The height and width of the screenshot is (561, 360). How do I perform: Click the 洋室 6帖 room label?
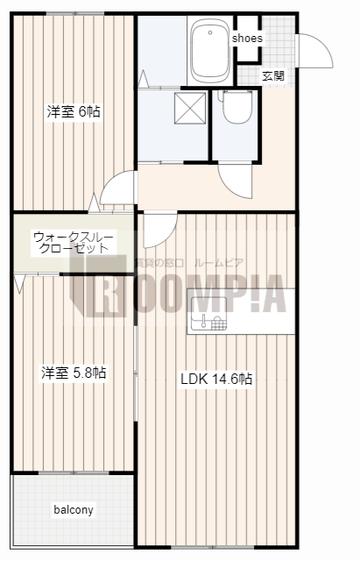74,111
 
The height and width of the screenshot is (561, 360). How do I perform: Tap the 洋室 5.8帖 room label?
74,373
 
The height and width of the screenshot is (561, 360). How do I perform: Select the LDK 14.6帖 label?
216,380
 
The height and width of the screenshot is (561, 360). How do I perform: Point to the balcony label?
74,509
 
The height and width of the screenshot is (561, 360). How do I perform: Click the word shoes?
246,39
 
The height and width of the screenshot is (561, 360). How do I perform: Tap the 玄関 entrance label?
272,75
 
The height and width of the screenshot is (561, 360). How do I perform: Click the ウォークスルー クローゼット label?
72,242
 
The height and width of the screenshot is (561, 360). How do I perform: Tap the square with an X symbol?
190,109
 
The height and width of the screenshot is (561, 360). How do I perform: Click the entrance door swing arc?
315,53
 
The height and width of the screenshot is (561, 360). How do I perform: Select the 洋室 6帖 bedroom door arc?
117,188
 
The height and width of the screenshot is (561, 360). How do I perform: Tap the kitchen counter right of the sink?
263,312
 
